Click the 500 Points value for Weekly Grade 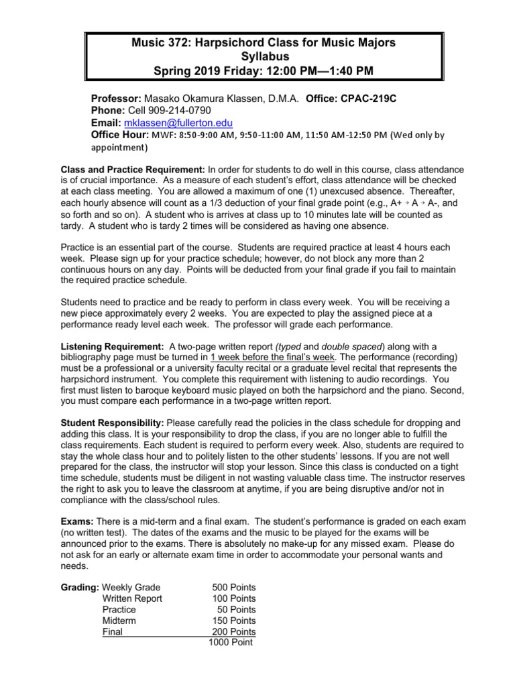(x=233, y=588)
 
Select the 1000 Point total (x=230, y=642)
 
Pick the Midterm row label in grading (x=119, y=621)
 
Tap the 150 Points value (x=233, y=621)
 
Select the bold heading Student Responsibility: (x=113, y=423)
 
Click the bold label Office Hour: (x=121, y=135)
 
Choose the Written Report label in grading (x=132, y=598)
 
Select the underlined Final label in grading (x=113, y=631)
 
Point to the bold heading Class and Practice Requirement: (x=133, y=170)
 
